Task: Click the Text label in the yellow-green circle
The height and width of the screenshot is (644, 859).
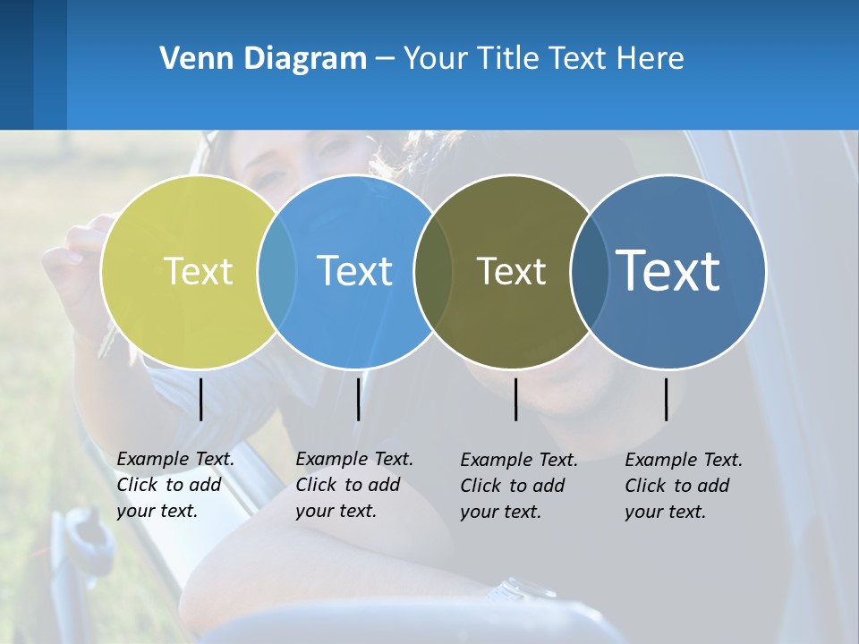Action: click(x=198, y=271)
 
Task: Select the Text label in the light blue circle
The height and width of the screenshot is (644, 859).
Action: click(x=355, y=271)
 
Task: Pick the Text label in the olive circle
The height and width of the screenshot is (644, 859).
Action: click(x=511, y=271)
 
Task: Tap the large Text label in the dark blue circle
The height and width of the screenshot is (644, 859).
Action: click(x=668, y=270)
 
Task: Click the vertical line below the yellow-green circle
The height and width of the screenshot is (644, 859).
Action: click(x=200, y=399)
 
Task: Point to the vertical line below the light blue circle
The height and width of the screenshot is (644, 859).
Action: click(x=358, y=399)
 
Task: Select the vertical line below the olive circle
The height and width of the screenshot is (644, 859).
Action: click(x=515, y=399)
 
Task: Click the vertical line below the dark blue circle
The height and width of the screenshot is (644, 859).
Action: click(x=666, y=399)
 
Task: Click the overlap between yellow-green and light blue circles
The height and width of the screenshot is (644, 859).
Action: click(x=277, y=271)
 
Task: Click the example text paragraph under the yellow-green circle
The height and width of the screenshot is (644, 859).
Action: click(x=175, y=485)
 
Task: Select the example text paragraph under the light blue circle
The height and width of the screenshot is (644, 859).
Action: click(x=354, y=485)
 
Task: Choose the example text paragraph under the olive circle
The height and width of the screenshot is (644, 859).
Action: click(x=519, y=486)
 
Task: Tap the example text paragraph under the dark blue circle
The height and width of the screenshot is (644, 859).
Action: click(x=684, y=486)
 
